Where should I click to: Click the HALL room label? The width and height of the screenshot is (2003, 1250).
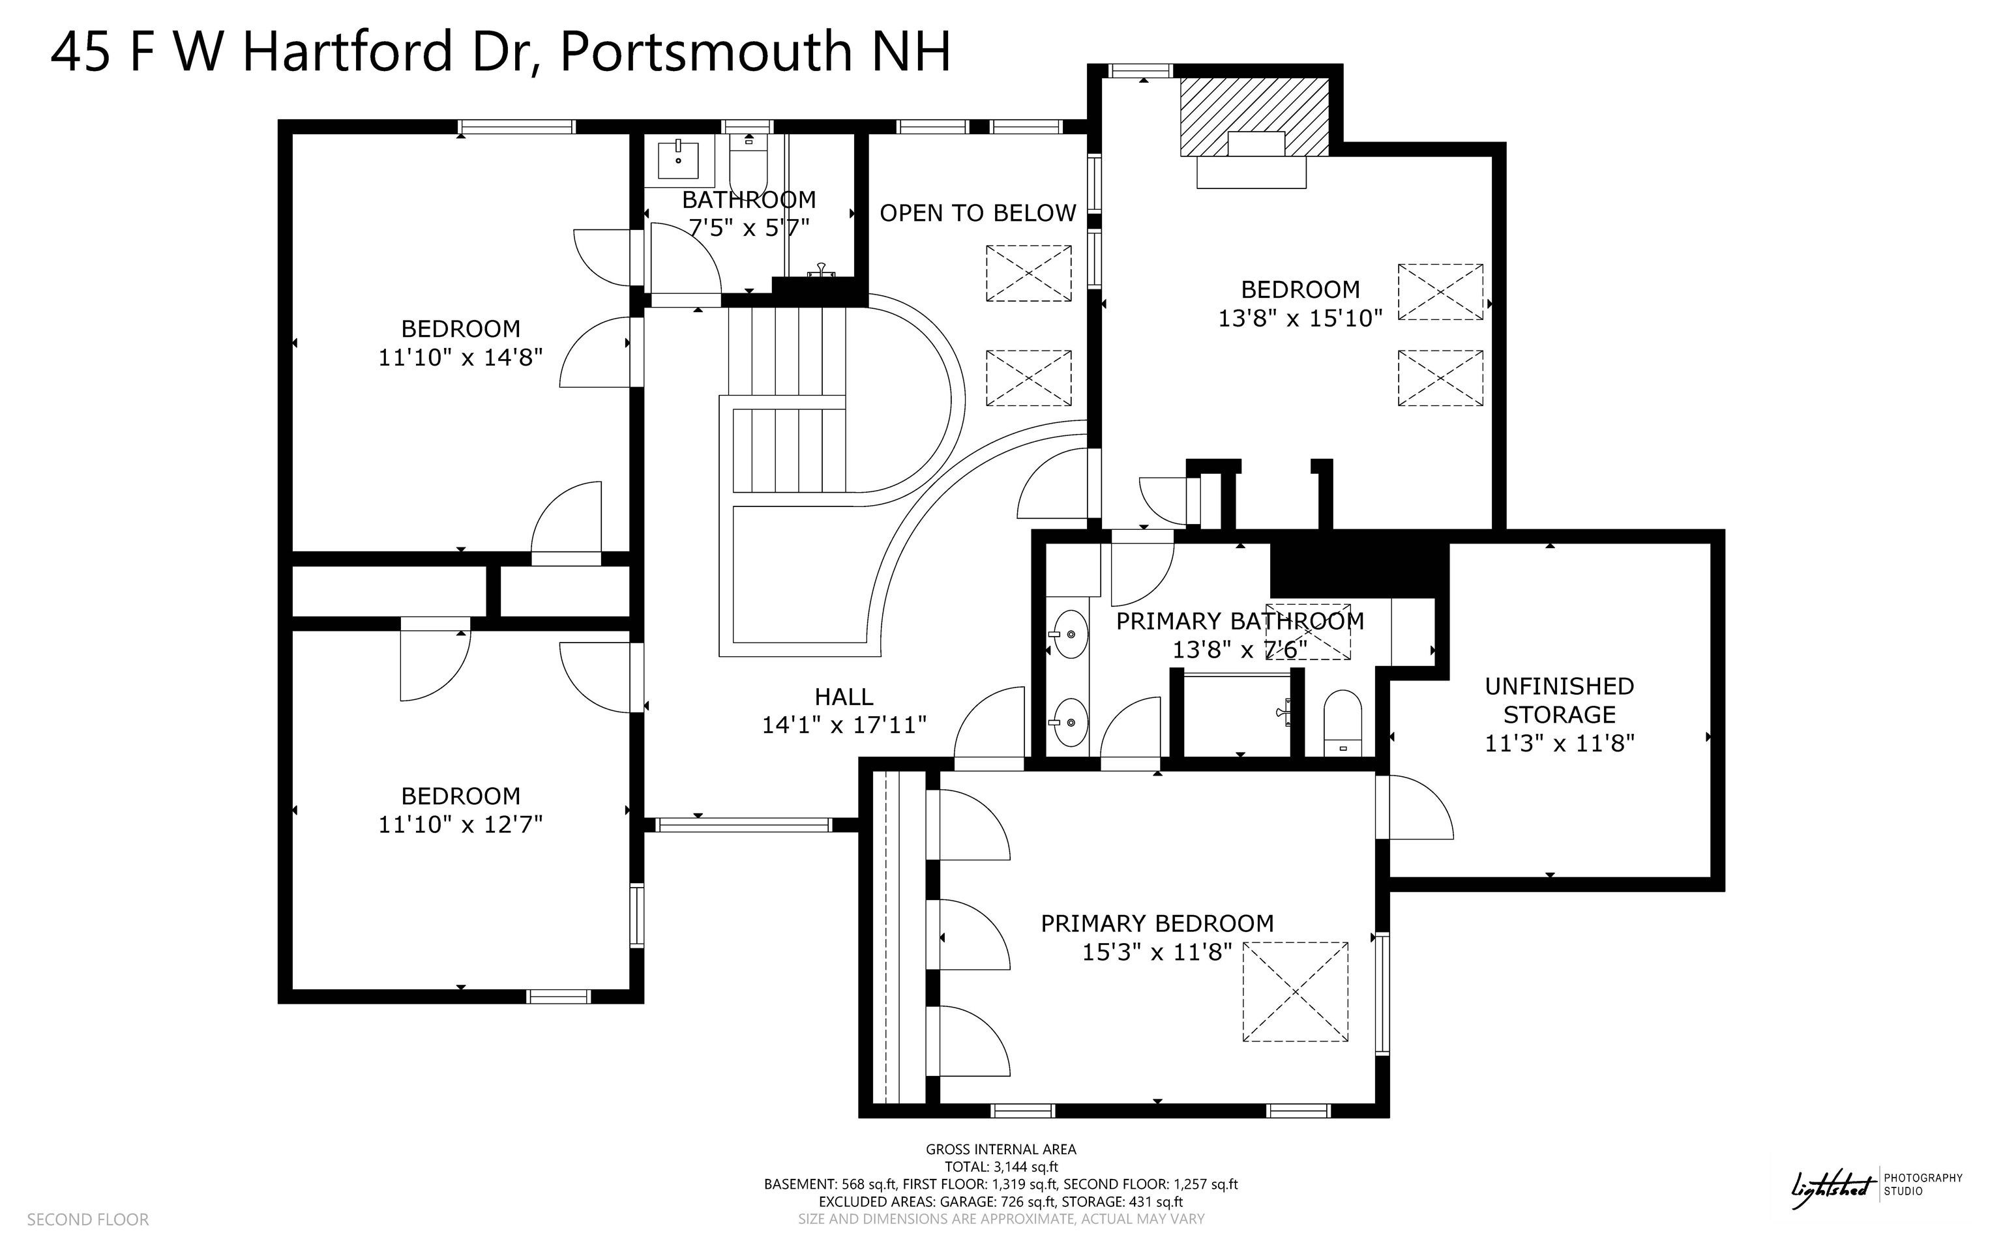(844, 697)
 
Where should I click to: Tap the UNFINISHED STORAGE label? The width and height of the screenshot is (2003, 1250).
(1559, 700)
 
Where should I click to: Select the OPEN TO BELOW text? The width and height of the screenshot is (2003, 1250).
(977, 213)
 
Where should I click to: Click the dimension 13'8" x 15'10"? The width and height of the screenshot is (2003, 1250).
(1300, 318)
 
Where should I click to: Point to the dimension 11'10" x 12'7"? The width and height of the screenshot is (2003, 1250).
(460, 824)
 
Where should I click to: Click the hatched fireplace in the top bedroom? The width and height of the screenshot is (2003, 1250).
(1254, 116)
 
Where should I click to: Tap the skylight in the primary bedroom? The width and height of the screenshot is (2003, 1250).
(1295, 991)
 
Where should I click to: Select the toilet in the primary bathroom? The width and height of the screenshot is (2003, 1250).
(1343, 723)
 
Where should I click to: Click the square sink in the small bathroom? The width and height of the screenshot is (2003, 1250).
(678, 160)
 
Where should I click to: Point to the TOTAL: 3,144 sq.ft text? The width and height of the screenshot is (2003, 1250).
(1001, 1167)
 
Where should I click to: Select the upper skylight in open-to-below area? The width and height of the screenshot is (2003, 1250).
(1028, 273)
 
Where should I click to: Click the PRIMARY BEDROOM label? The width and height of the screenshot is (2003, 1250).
(1157, 923)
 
